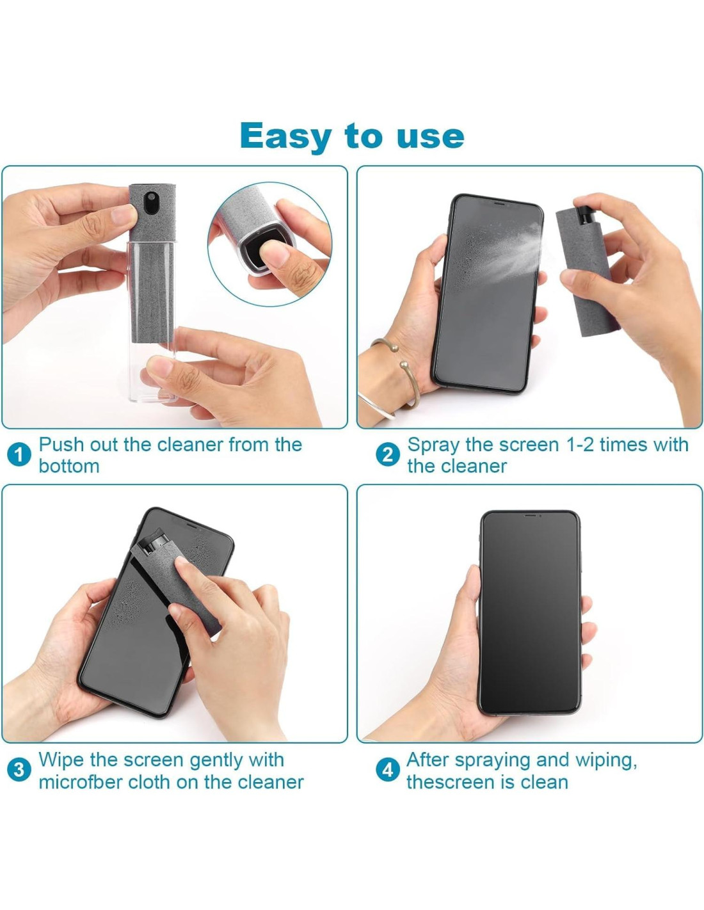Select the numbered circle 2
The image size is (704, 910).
[x=387, y=455]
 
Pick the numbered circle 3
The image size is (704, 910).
[x=19, y=770]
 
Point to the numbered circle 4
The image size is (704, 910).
[x=387, y=770]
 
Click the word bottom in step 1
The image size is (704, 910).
[x=69, y=466]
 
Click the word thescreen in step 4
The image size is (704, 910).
[x=454, y=782]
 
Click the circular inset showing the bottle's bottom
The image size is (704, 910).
[x=269, y=244]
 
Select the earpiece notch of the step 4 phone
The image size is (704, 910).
[x=530, y=515]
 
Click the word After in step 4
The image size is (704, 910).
[x=427, y=760]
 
